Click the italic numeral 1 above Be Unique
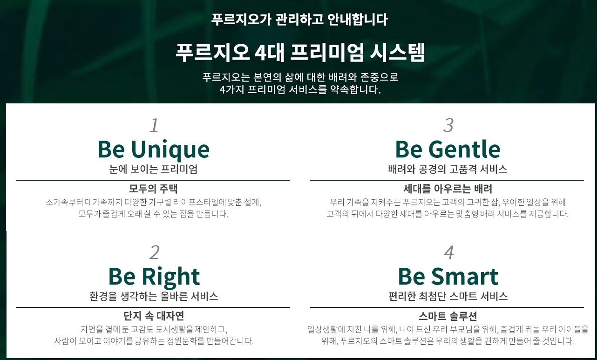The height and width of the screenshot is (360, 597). pos(154,125)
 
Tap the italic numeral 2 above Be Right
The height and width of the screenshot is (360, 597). pos(155,252)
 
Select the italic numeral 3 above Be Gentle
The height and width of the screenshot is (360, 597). pos(448,125)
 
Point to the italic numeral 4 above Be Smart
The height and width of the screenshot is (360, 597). pos(449,252)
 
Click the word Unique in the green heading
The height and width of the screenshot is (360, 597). pos(170,150)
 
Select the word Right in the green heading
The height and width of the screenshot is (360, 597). pos(171,277)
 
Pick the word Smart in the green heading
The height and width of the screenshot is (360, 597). pos(465,277)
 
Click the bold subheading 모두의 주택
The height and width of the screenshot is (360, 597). pos(153,189)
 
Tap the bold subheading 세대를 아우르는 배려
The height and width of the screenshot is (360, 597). pos(448,189)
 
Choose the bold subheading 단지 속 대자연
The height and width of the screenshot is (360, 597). pos(154,316)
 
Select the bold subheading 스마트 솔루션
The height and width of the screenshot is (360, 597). pos(448,316)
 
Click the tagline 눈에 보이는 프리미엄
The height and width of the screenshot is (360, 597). pos(153,169)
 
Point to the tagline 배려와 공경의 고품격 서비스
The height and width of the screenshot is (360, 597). pos(448,169)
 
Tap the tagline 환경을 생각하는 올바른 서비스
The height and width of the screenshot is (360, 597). pos(154,296)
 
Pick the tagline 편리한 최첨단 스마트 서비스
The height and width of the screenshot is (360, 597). pos(448,296)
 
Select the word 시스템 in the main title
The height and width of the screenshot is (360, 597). pos(397,52)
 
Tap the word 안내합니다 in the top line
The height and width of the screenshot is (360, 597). pos(357,20)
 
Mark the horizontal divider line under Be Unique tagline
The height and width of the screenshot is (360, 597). pos(153,180)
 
